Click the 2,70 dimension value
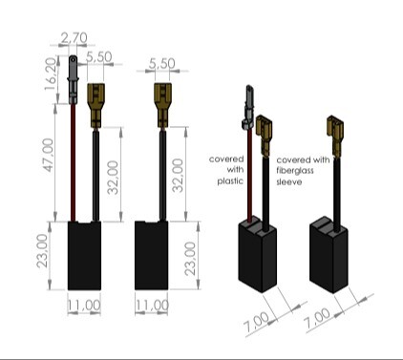pos(74,38)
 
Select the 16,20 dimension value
pos(52,74)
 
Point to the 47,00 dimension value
pos(49,155)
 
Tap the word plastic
pos(230,181)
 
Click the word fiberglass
pos(295,170)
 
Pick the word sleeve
pos(289,181)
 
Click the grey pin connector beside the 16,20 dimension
pos(74,79)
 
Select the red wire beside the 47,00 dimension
pos(74,162)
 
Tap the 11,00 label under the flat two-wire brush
pos(84,306)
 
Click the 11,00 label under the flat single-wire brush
pos(152,306)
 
